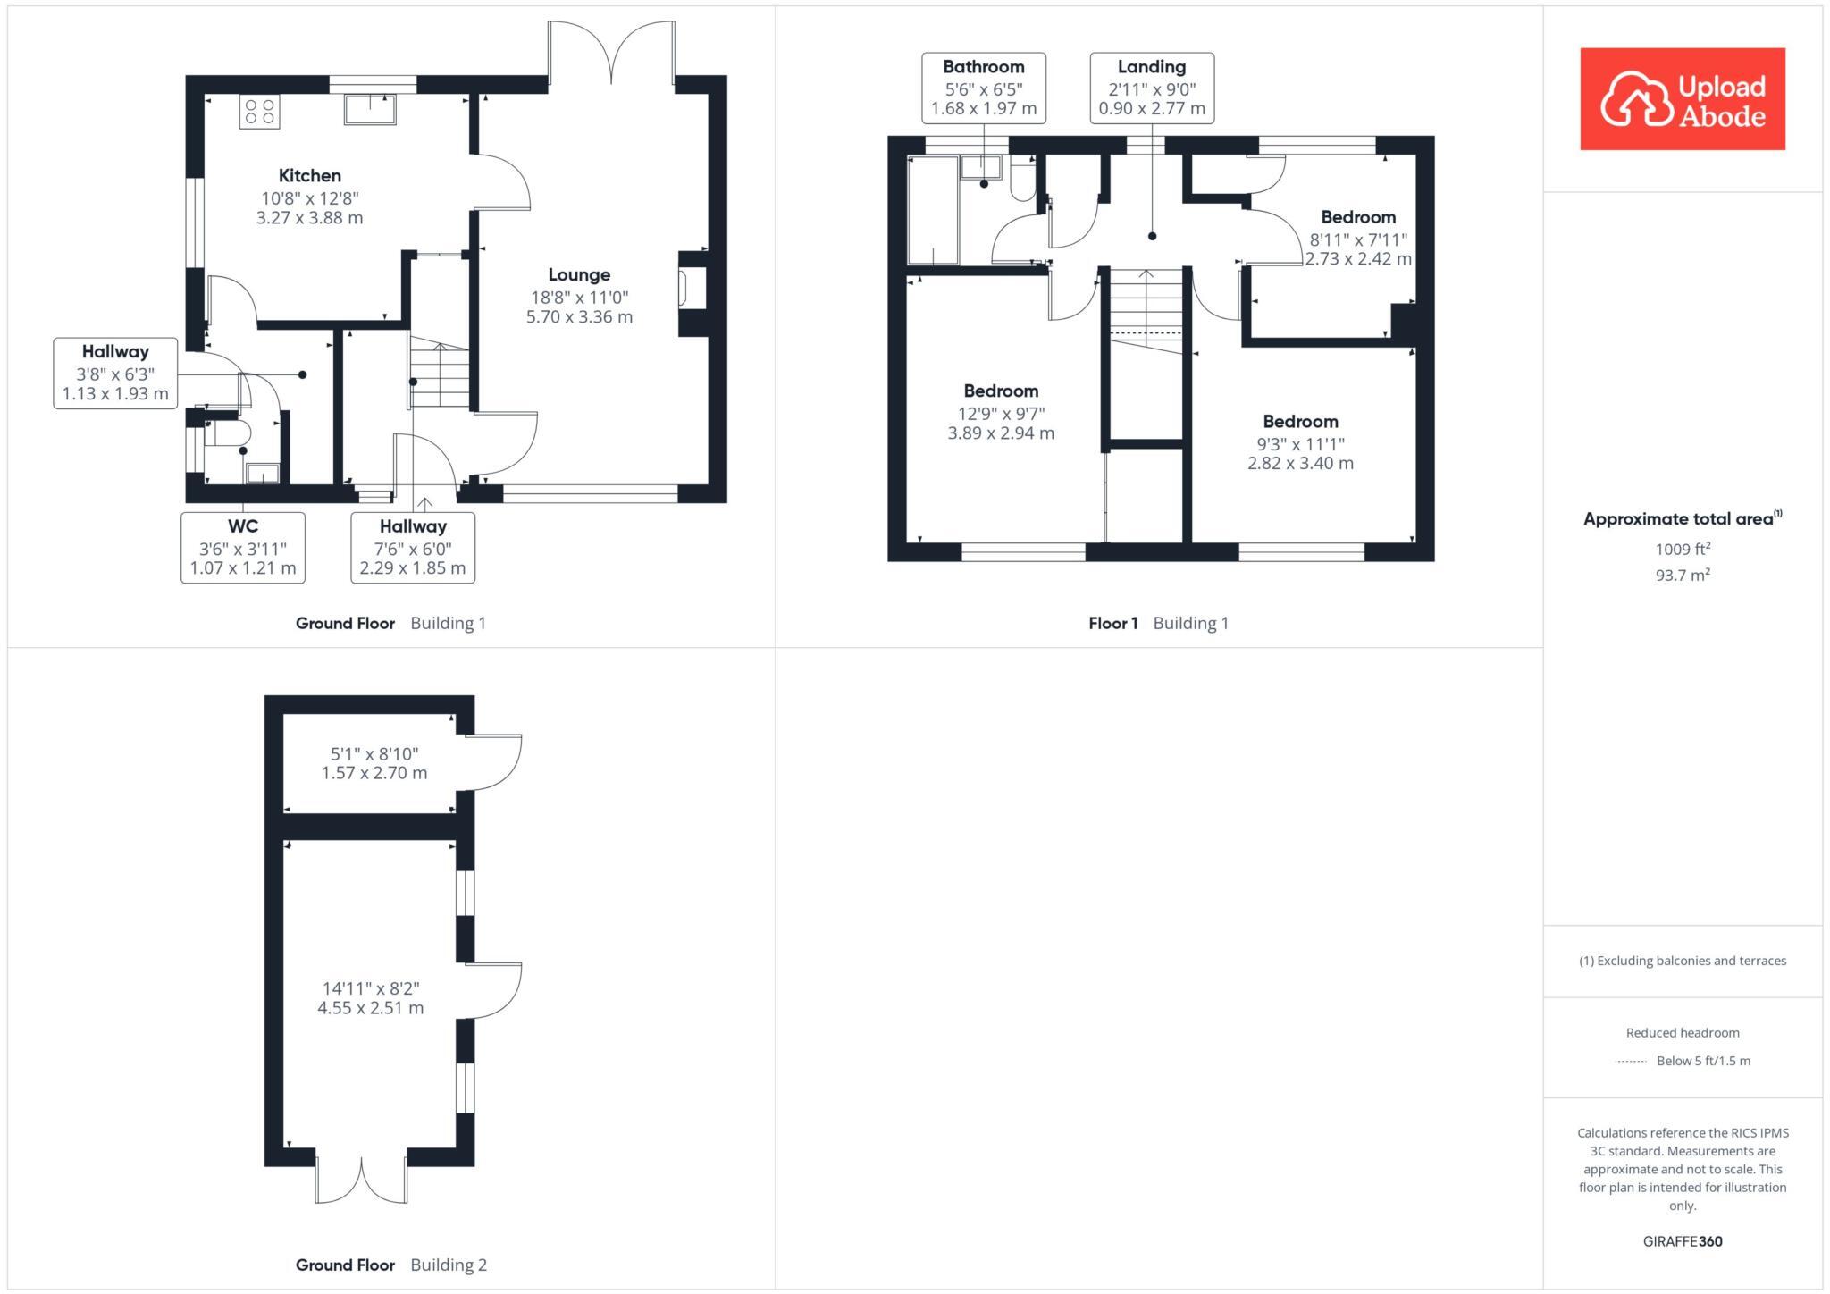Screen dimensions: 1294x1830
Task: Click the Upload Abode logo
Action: pos(1682,98)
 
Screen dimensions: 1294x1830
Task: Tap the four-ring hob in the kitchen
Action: pos(259,112)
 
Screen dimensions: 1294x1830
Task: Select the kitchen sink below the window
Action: pos(369,110)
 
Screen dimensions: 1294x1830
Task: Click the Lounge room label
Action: pos(579,275)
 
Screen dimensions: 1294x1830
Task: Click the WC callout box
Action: pos(243,547)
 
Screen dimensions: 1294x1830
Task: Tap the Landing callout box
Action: pos(1151,88)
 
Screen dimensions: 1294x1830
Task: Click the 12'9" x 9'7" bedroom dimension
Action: pos(1000,414)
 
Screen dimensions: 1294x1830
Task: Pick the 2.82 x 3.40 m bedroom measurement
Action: pos(1300,463)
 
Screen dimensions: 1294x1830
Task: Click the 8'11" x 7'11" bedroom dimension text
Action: pos(1358,239)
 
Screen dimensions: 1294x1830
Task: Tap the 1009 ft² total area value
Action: pos(1683,550)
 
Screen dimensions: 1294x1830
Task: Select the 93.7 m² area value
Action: pos(1683,576)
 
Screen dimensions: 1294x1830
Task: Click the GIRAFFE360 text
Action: pos(1682,1241)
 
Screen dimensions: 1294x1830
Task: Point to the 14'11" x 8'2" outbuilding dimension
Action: pos(371,988)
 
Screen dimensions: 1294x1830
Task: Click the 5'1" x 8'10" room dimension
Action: pos(374,754)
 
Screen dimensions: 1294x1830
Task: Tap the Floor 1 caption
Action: pos(1112,623)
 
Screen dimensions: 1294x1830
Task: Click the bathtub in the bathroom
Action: pos(932,211)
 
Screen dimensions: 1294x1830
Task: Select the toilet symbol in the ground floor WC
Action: pos(231,433)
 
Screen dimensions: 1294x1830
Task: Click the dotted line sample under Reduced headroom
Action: pos(1631,1062)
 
